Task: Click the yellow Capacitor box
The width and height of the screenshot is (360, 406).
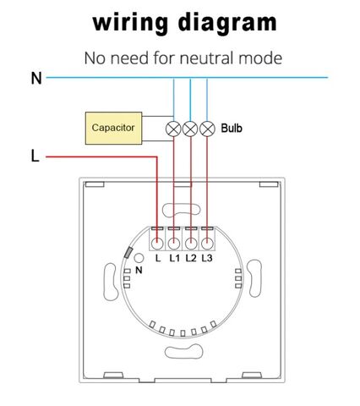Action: [113, 128]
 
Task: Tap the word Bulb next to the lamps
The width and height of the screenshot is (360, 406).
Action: [232, 129]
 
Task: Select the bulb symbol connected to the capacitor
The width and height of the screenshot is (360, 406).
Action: [173, 129]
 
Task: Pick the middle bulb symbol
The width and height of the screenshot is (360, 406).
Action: [190, 129]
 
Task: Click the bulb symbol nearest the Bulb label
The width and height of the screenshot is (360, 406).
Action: [207, 129]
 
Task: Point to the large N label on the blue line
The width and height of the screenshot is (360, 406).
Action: [36, 79]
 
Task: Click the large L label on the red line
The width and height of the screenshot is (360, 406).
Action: [35, 156]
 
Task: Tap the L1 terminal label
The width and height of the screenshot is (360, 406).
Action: [174, 258]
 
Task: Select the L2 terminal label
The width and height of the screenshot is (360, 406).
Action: [191, 258]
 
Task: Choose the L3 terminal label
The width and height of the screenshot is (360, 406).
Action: [207, 258]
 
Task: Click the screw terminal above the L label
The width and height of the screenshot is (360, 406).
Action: [157, 244]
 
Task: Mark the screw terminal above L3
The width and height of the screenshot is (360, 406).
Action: [207, 244]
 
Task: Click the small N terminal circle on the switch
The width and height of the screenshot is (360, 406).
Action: [139, 258]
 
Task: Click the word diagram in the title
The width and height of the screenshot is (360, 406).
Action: [227, 23]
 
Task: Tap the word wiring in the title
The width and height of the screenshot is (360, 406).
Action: [130, 23]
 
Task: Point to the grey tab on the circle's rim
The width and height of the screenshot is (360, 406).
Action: [128, 252]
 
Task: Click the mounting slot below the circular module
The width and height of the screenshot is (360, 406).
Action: [183, 353]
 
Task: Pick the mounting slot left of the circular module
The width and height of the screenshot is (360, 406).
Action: [110, 282]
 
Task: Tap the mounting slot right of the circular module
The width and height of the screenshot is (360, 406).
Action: [254, 278]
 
